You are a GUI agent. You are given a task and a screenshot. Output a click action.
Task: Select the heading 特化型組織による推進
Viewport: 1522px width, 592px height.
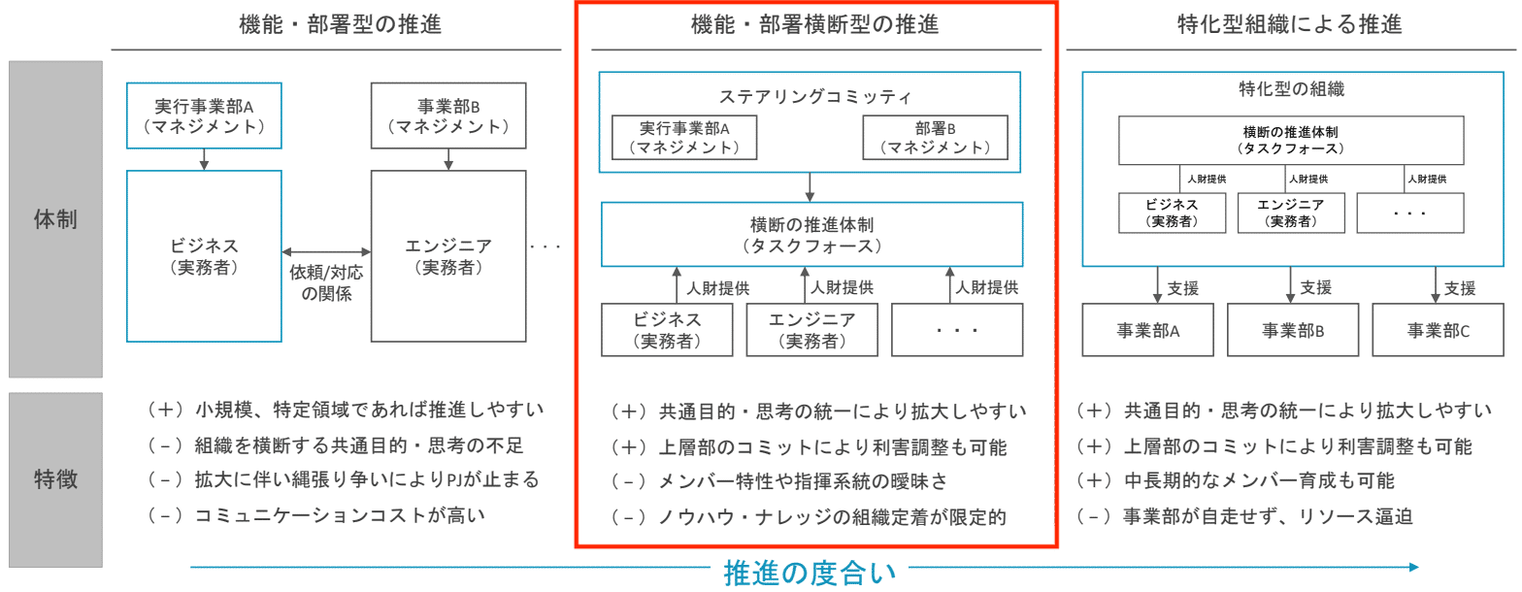[x=1288, y=25]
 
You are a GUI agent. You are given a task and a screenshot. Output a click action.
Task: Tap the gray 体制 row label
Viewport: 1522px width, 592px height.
[x=55, y=219]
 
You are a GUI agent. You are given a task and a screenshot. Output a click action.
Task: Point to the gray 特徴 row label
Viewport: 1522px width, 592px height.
[x=55, y=479]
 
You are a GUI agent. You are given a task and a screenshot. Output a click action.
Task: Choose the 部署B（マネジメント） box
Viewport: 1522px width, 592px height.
[x=935, y=138]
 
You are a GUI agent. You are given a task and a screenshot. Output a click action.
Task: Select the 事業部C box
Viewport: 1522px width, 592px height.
[x=1439, y=330]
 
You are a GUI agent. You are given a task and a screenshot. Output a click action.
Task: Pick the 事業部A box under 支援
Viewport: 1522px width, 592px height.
[x=1147, y=330]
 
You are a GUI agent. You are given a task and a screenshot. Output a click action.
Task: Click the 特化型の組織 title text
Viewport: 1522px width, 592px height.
[x=1291, y=89]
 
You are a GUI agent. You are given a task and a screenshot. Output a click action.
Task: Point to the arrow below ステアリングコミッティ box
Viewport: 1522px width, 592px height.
[x=810, y=186]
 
